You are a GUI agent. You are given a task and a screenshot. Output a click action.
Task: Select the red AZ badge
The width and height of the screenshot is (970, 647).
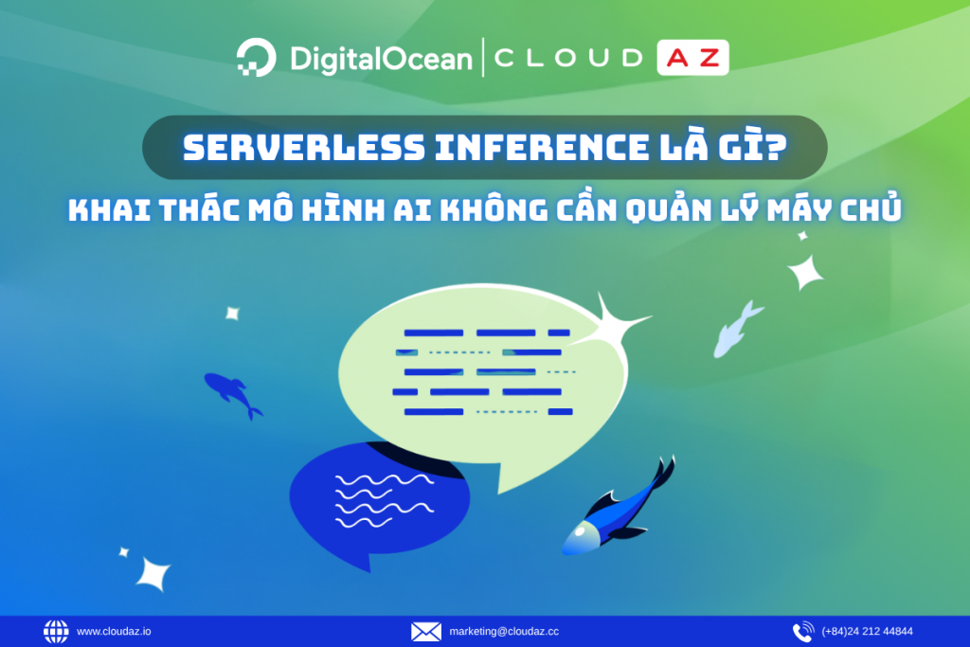point(692,59)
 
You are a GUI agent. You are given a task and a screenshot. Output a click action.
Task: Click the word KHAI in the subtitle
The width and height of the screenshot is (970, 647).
point(107,209)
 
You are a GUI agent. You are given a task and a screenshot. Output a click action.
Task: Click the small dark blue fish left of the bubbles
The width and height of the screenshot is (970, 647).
point(231,392)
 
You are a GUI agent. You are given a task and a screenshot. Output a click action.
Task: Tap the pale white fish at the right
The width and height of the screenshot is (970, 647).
point(738,329)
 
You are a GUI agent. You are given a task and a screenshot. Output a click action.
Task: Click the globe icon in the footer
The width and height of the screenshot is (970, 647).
point(56,631)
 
